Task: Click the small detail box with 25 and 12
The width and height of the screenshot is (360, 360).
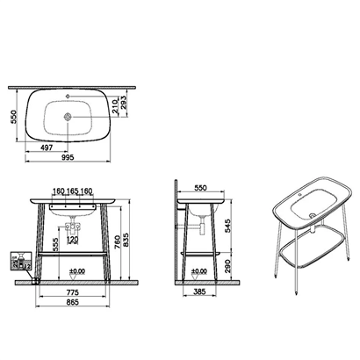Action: click(x=18, y=262)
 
